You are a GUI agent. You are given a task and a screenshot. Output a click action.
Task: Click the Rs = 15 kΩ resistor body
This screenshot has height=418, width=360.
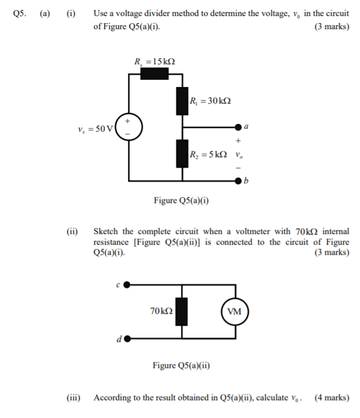coord(154,73)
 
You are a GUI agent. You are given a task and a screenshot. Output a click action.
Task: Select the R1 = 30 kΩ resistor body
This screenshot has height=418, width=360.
coord(182,101)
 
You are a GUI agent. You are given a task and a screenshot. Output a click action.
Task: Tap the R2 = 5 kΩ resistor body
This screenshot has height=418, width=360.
coord(182,153)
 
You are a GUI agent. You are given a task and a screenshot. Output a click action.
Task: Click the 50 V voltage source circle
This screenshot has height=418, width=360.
coord(128,127)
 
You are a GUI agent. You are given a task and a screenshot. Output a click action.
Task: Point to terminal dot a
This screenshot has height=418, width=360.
coord(238,127)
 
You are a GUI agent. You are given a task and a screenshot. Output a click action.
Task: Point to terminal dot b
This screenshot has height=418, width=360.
coord(238,180)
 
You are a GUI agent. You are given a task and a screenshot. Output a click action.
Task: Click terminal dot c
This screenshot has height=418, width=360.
coord(127,286)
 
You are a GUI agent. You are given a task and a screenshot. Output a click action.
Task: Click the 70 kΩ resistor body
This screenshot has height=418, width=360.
coord(182,311)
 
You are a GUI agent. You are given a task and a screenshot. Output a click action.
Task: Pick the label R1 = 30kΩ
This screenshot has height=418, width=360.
coord(210,101)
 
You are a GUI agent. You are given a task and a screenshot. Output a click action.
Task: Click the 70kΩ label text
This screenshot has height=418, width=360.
coord(161,311)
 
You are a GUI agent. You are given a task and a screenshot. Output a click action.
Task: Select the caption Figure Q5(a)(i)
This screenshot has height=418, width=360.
coord(181,201)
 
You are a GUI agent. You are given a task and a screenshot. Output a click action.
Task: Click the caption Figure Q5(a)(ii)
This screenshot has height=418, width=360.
coord(181,366)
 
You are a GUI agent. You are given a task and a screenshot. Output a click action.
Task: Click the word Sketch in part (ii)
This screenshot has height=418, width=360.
coord(107,231)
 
